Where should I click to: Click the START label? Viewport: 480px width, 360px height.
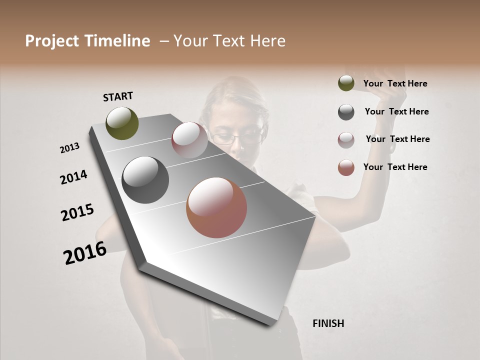[118, 96]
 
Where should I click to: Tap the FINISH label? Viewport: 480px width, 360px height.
[328, 323]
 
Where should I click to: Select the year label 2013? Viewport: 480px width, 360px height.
[69, 148]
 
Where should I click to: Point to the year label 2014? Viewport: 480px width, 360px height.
[73, 177]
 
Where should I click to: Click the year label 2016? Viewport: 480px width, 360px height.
[85, 253]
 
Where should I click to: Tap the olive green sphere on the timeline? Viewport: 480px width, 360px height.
[122, 123]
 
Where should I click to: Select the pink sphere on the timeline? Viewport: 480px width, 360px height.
[189, 140]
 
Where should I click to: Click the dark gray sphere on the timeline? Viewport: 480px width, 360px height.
[145, 180]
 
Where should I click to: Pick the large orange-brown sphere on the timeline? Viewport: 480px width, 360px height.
[216, 207]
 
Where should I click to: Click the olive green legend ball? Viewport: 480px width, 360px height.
[346, 83]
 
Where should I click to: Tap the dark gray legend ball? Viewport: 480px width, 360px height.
[346, 112]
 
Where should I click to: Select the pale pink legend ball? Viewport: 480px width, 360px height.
[346, 140]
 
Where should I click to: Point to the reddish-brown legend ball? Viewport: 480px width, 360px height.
[346, 167]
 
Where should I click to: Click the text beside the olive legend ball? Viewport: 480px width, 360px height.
[395, 84]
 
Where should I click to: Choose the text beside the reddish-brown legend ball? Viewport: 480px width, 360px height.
[395, 167]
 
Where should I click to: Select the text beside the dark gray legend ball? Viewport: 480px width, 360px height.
[396, 111]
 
